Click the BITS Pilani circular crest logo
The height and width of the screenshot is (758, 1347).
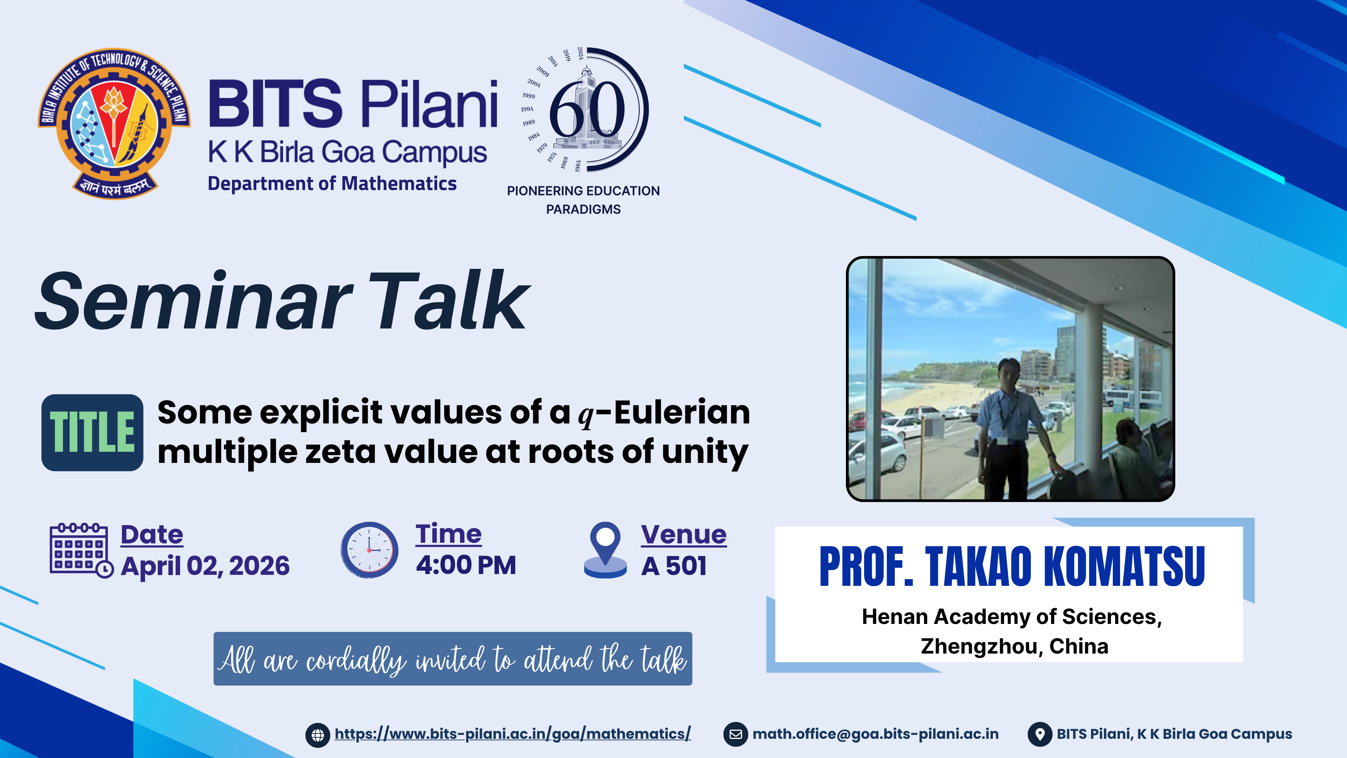(x=114, y=123)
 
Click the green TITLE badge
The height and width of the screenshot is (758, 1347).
(x=92, y=433)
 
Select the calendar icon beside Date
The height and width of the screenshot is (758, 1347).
(x=81, y=550)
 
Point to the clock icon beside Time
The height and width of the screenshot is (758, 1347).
(x=369, y=550)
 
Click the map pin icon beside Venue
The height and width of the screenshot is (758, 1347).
(x=605, y=550)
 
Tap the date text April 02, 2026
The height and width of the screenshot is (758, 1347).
(x=205, y=566)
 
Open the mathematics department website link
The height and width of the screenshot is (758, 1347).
(x=513, y=734)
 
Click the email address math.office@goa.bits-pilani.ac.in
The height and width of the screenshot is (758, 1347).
(x=875, y=734)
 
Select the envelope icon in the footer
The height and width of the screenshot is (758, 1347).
(x=735, y=734)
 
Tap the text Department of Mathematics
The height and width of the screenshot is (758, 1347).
(x=332, y=184)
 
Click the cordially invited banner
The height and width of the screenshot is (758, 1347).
(x=453, y=659)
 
